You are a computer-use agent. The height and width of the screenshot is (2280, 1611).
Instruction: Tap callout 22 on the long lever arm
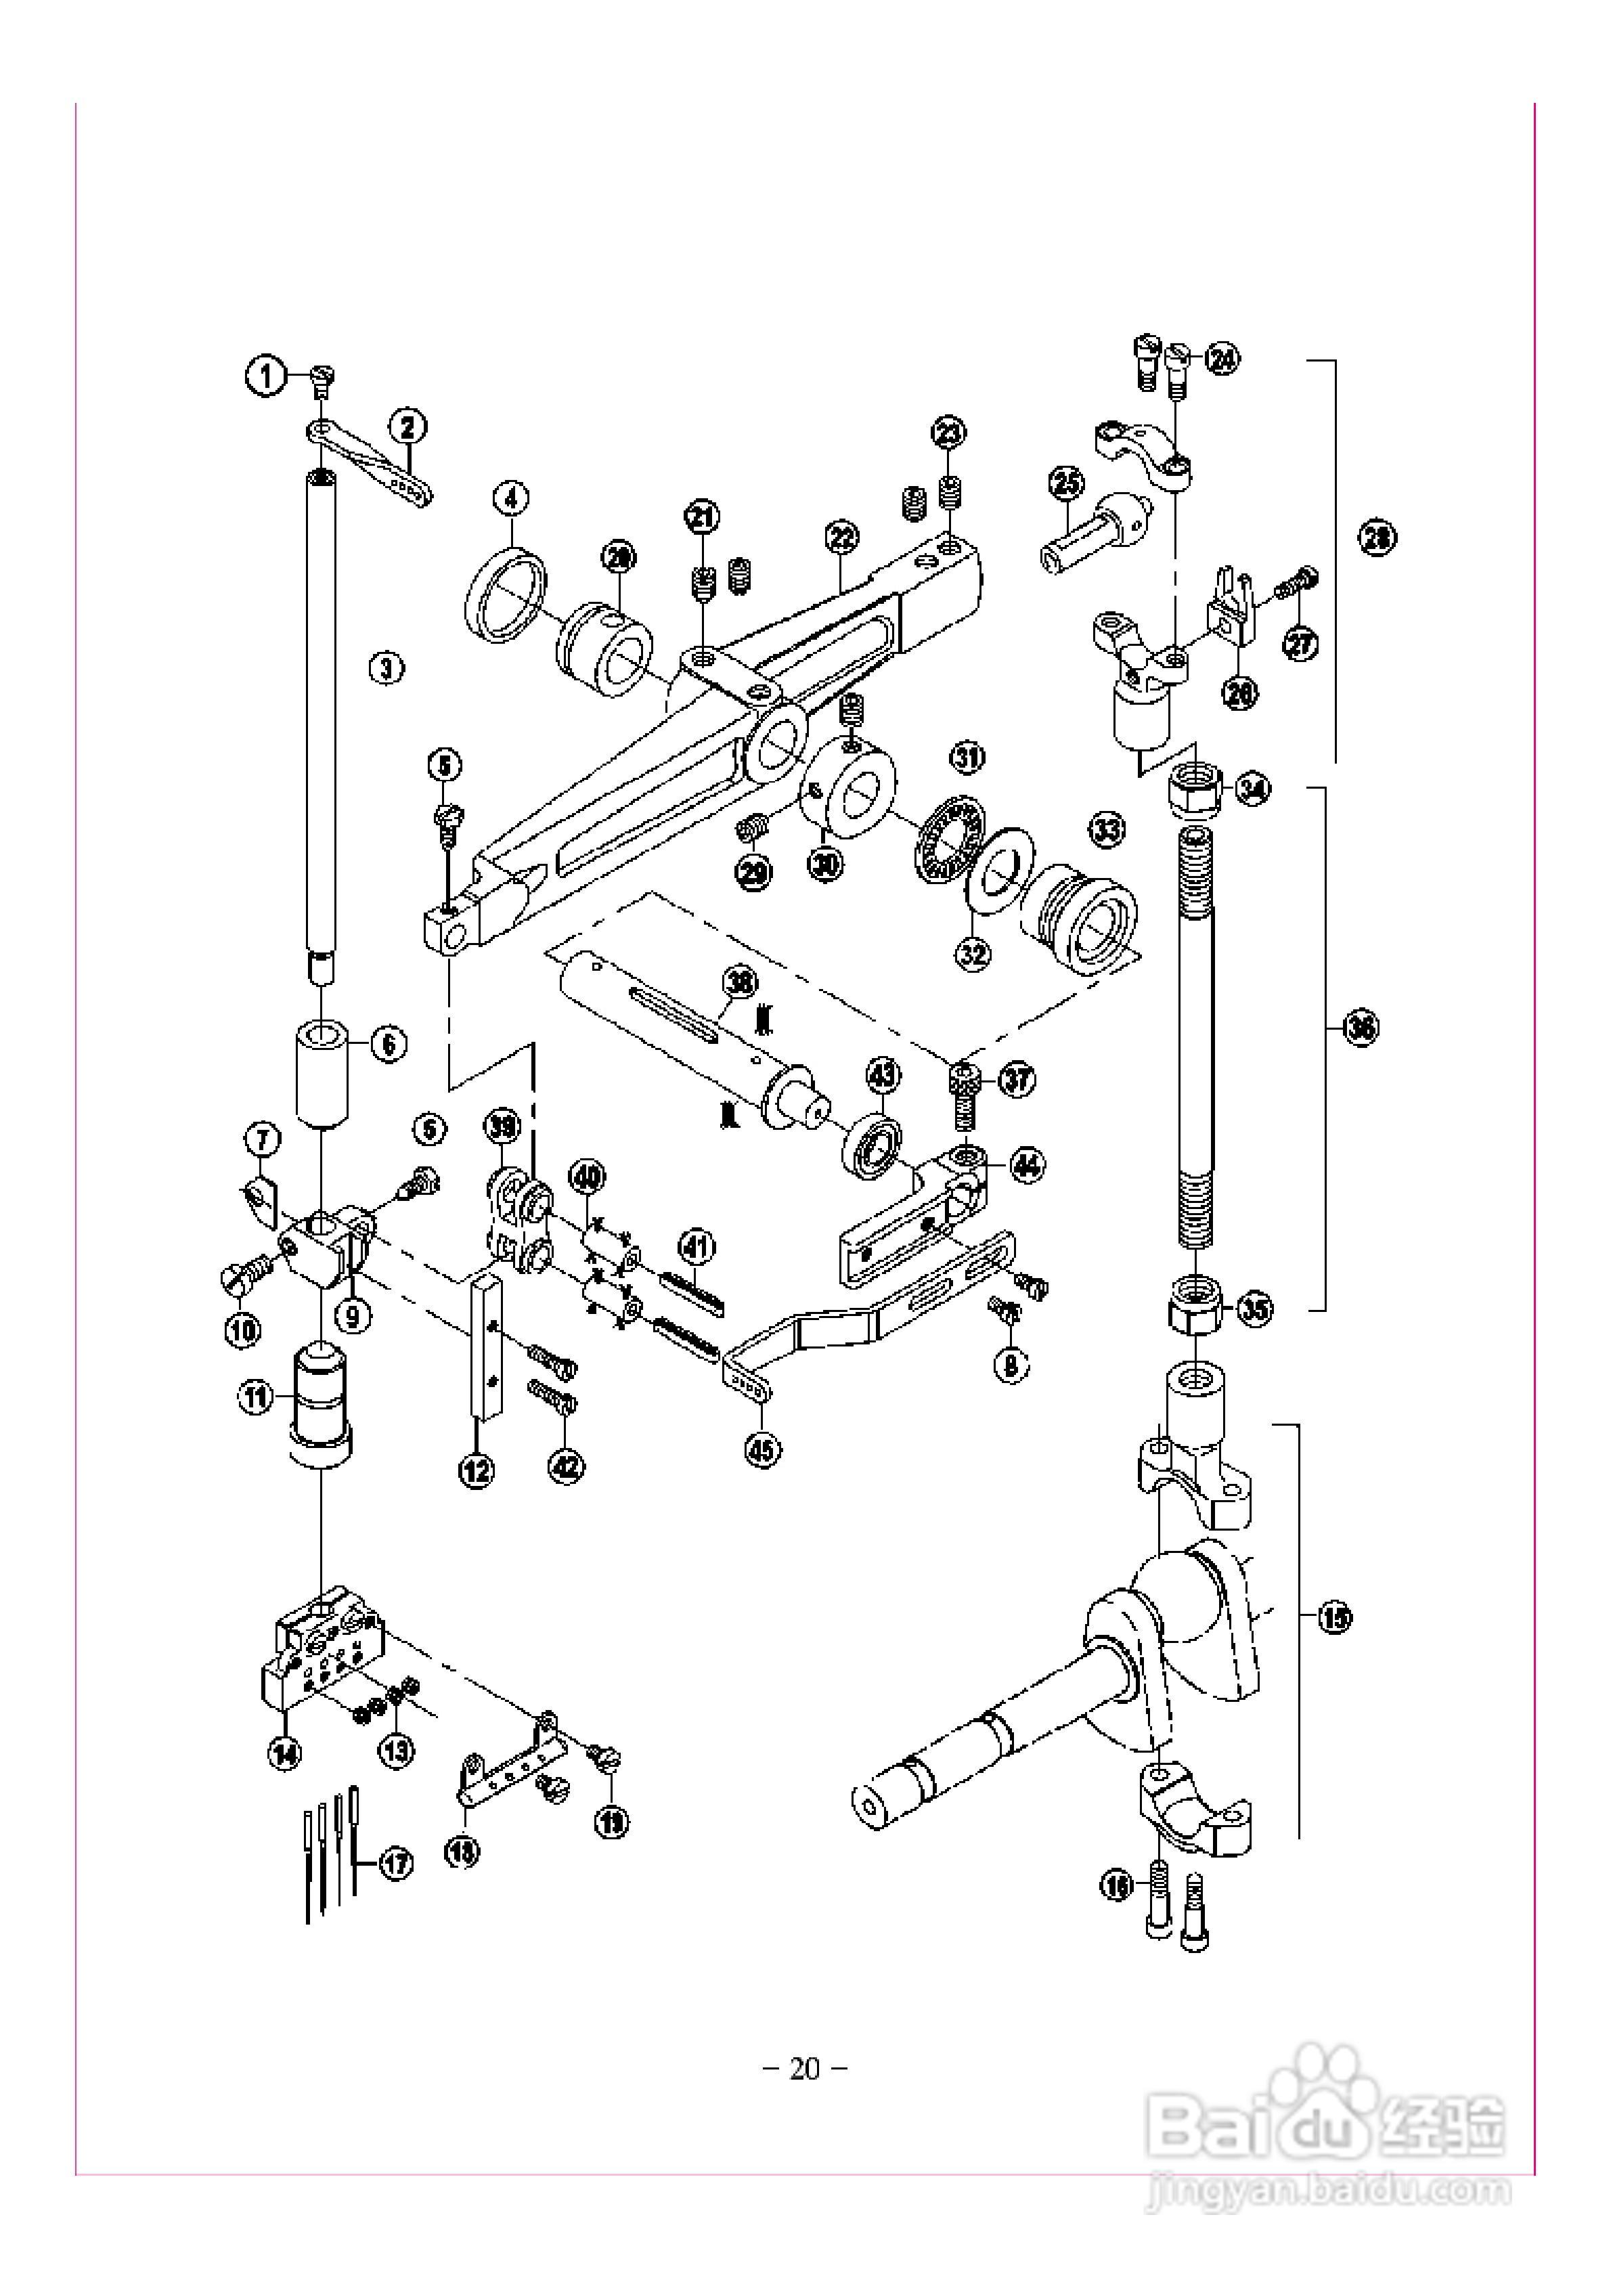point(841,538)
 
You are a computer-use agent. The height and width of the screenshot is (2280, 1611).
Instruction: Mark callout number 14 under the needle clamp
point(285,1755)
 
